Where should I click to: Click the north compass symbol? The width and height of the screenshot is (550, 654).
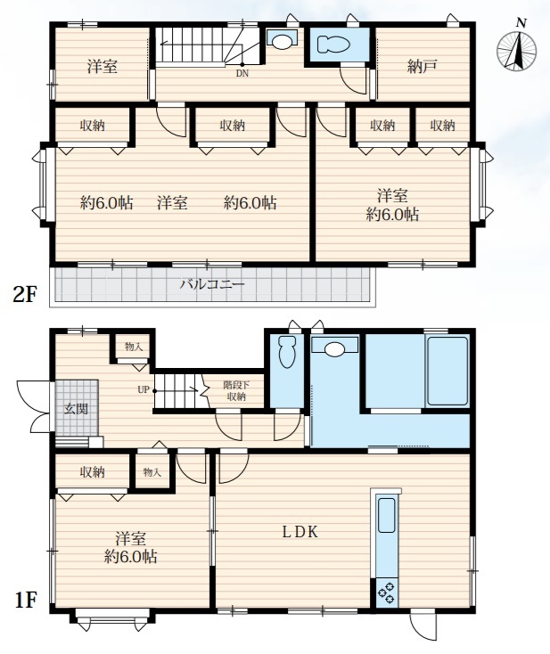[517, 49]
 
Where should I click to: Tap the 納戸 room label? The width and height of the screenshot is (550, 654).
[422, 67]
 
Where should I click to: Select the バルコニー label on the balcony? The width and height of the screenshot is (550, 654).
[212, 285]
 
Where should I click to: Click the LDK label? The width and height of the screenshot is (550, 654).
[300, 532]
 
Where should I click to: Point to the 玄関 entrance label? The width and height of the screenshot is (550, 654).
[76, 408]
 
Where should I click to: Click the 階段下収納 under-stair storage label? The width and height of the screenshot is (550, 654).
[236, 390]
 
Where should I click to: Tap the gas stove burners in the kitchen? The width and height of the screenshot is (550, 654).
[386, 593]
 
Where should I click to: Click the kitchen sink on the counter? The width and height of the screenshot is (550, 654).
[386, 516]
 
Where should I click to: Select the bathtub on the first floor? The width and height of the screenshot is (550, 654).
[447, 371]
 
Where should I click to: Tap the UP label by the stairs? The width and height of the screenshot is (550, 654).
[144, 390]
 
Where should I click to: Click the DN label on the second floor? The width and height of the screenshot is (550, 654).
[242, 74]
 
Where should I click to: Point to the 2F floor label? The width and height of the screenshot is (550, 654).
[25, 294]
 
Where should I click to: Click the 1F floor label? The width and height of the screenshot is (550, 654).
[25, 601]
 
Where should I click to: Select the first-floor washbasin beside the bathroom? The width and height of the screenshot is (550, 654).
[334, 347]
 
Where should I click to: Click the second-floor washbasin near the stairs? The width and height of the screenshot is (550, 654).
[282, 39]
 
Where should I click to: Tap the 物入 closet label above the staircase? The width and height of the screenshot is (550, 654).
[134, 347]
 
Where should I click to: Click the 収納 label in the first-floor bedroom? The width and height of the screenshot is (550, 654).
[92, 472]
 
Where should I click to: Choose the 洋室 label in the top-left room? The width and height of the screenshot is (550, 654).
[103, 67]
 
